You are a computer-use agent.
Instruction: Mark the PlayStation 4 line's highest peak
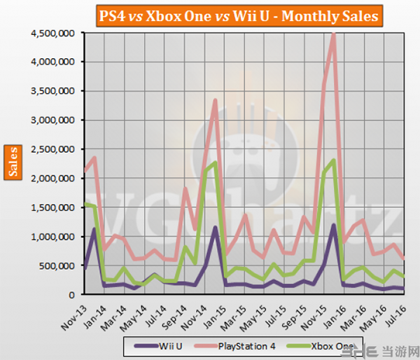[334, 35]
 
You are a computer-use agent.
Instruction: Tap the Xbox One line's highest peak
[334, 160]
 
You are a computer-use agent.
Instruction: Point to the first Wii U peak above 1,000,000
[94, 229]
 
